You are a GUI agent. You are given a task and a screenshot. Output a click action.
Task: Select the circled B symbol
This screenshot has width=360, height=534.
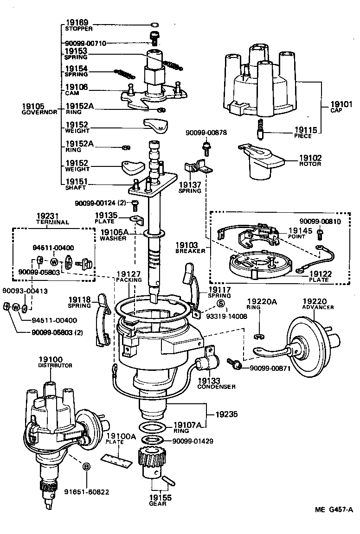[x=86, y=466]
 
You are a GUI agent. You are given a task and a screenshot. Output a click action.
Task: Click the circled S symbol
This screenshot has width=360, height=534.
[x=221, y=304]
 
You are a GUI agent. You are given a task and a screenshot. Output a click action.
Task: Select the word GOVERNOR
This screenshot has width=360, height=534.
[x=39, y=112]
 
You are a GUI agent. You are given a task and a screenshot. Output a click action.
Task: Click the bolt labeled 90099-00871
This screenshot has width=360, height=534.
[x=234, y=365]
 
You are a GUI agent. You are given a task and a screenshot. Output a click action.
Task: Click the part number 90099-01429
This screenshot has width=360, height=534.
[x=193, y=441]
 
